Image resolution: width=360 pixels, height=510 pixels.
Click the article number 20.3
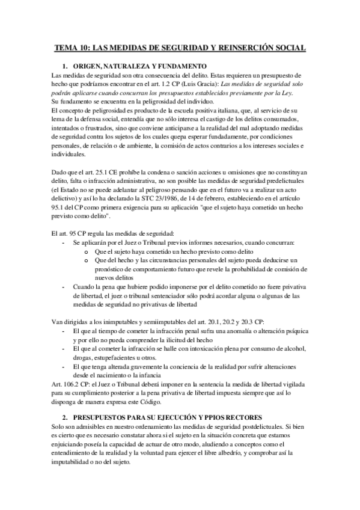click(252, 323)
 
